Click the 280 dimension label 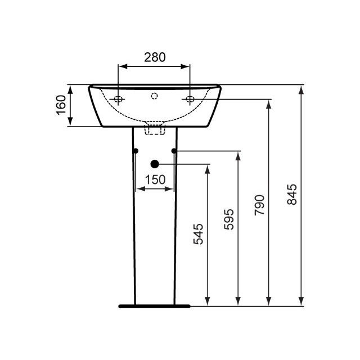tap(154, 57)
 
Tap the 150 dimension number tap(154, 179)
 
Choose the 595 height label tap(229, 219)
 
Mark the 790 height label tap(259, 206)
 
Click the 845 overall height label tap(292, 195)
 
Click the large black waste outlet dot tap(155, 164)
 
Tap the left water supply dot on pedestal tap(136, 151)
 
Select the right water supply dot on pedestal tap(174, 151)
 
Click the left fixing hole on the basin tap(118, 100)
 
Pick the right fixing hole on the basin tap(191, 100)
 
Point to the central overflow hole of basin tap(154, 96)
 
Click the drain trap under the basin tap(154, 129)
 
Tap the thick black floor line tap(154, 307)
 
